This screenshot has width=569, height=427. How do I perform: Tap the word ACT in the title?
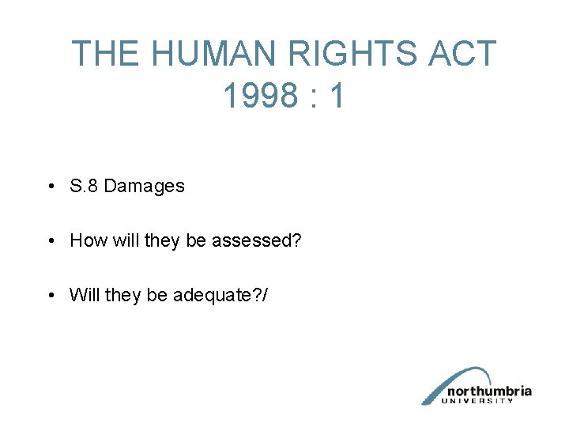[462, 54]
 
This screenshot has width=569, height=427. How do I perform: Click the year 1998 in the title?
[257, 96]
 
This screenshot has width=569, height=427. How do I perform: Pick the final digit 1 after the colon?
[337, 96]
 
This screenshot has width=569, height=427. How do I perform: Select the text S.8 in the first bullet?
[84, 187]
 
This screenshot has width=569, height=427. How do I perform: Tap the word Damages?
[144, 187]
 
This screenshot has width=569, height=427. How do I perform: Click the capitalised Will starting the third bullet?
[84, 295]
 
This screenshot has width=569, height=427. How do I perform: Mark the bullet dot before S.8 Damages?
[50, 187]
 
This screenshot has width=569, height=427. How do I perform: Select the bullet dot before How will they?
[50, 241]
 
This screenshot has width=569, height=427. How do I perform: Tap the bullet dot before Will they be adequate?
[50, 296]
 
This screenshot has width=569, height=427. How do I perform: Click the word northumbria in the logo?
[488, 391]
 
